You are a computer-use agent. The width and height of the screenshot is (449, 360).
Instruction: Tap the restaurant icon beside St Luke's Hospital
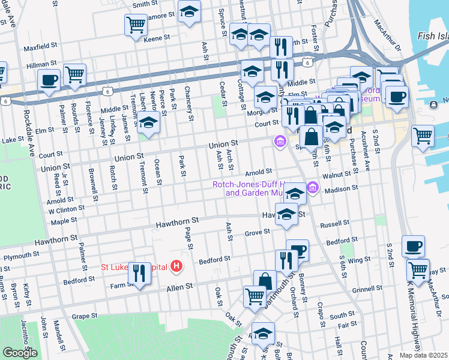[139, 274]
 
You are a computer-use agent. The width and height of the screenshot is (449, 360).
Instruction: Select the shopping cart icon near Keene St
[136, 25]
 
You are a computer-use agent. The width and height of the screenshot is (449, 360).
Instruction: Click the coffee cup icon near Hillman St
[49, 79]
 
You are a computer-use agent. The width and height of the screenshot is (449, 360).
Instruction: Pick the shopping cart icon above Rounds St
[75, 75]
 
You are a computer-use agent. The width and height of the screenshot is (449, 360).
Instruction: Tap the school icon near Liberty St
[149, 123]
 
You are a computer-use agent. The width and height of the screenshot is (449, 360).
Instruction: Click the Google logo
[20, 353]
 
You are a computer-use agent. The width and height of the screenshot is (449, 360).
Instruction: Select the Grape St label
[85, 316]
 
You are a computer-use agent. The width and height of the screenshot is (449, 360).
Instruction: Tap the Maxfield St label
[40, 46]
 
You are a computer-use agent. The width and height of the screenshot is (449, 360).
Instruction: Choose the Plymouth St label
[21, 255]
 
